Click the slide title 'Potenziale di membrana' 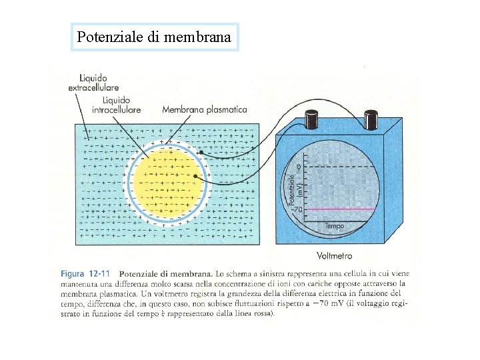[154, 37]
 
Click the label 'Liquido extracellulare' [93, 82]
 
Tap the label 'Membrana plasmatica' [204, 109]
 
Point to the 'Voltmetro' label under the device [335, 255]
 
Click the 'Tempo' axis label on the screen [335, 227]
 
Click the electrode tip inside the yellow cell [195, 176]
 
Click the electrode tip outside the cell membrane [200, 153]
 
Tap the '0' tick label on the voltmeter [298, 165]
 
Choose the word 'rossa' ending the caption [260, 313]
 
